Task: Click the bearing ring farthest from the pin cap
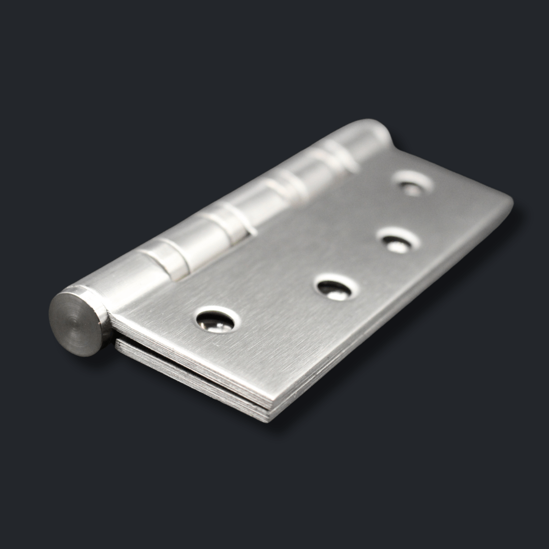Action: [335, 152]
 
